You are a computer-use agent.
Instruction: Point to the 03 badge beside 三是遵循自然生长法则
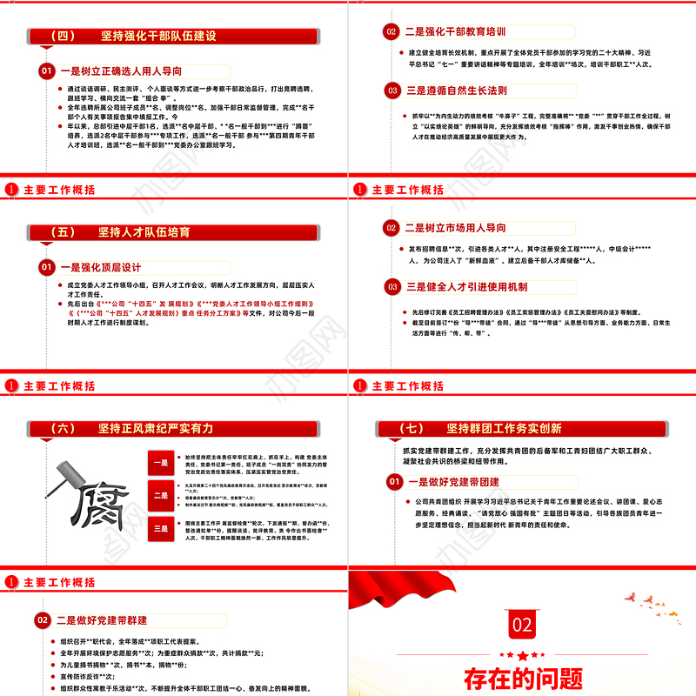click(391, 89)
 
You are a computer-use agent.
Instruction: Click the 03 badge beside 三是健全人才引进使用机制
click(391, 286)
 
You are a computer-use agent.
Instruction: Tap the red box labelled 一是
click(162, 463)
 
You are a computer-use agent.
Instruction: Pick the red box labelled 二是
click(162, 495)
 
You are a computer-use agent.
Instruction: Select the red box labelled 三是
click(162, 527)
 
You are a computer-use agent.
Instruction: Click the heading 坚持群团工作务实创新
click(504, 428)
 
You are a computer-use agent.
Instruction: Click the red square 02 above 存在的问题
click(521, 625)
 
